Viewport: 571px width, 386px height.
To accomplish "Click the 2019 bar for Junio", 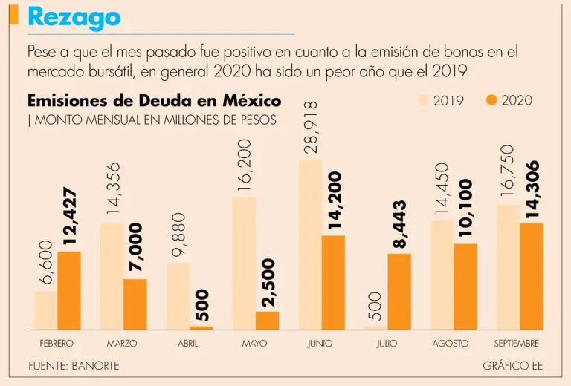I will tap(310, 245).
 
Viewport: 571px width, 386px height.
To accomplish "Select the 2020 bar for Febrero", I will tap(68, 290).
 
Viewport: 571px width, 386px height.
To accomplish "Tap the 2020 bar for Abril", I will tap(201, 327).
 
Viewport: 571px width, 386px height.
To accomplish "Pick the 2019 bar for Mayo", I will tap(244, 264).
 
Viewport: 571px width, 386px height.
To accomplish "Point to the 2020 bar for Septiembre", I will tap(531, 276).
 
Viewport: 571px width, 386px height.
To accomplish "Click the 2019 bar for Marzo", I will tap(112, 276).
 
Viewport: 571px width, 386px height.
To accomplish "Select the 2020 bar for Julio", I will tap(399, 292).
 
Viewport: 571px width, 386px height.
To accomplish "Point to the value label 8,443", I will tap(399, 224).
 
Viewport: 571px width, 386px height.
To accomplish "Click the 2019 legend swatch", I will tap(424, 100).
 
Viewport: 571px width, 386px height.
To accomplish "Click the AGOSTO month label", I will tap(451, 344).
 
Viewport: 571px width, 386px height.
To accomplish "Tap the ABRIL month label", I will tap(188, 344).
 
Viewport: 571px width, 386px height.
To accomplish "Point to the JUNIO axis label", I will tap(320, 344).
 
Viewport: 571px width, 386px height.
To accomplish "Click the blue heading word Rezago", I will tap(74, 18).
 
